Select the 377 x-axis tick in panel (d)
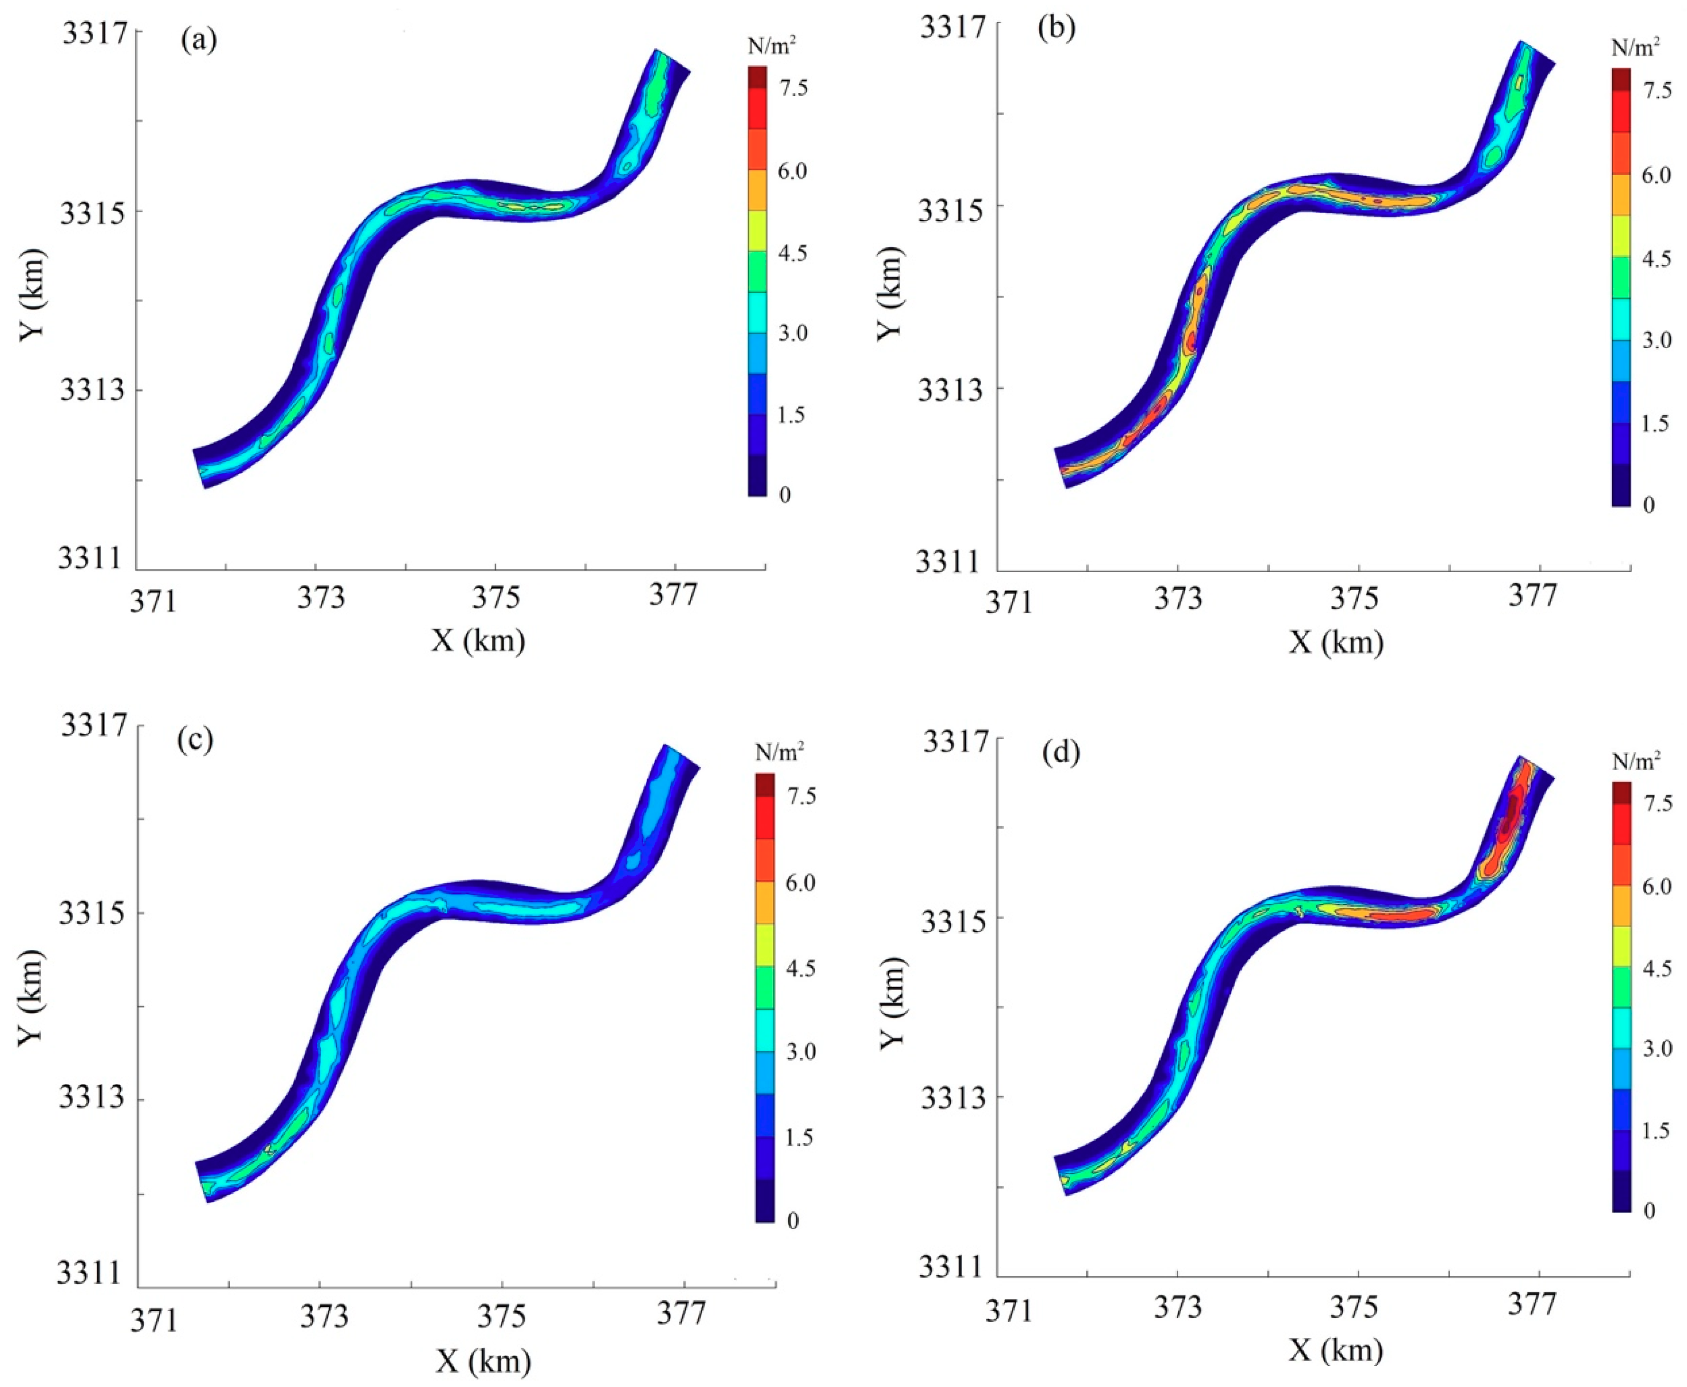[1538, 1304]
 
